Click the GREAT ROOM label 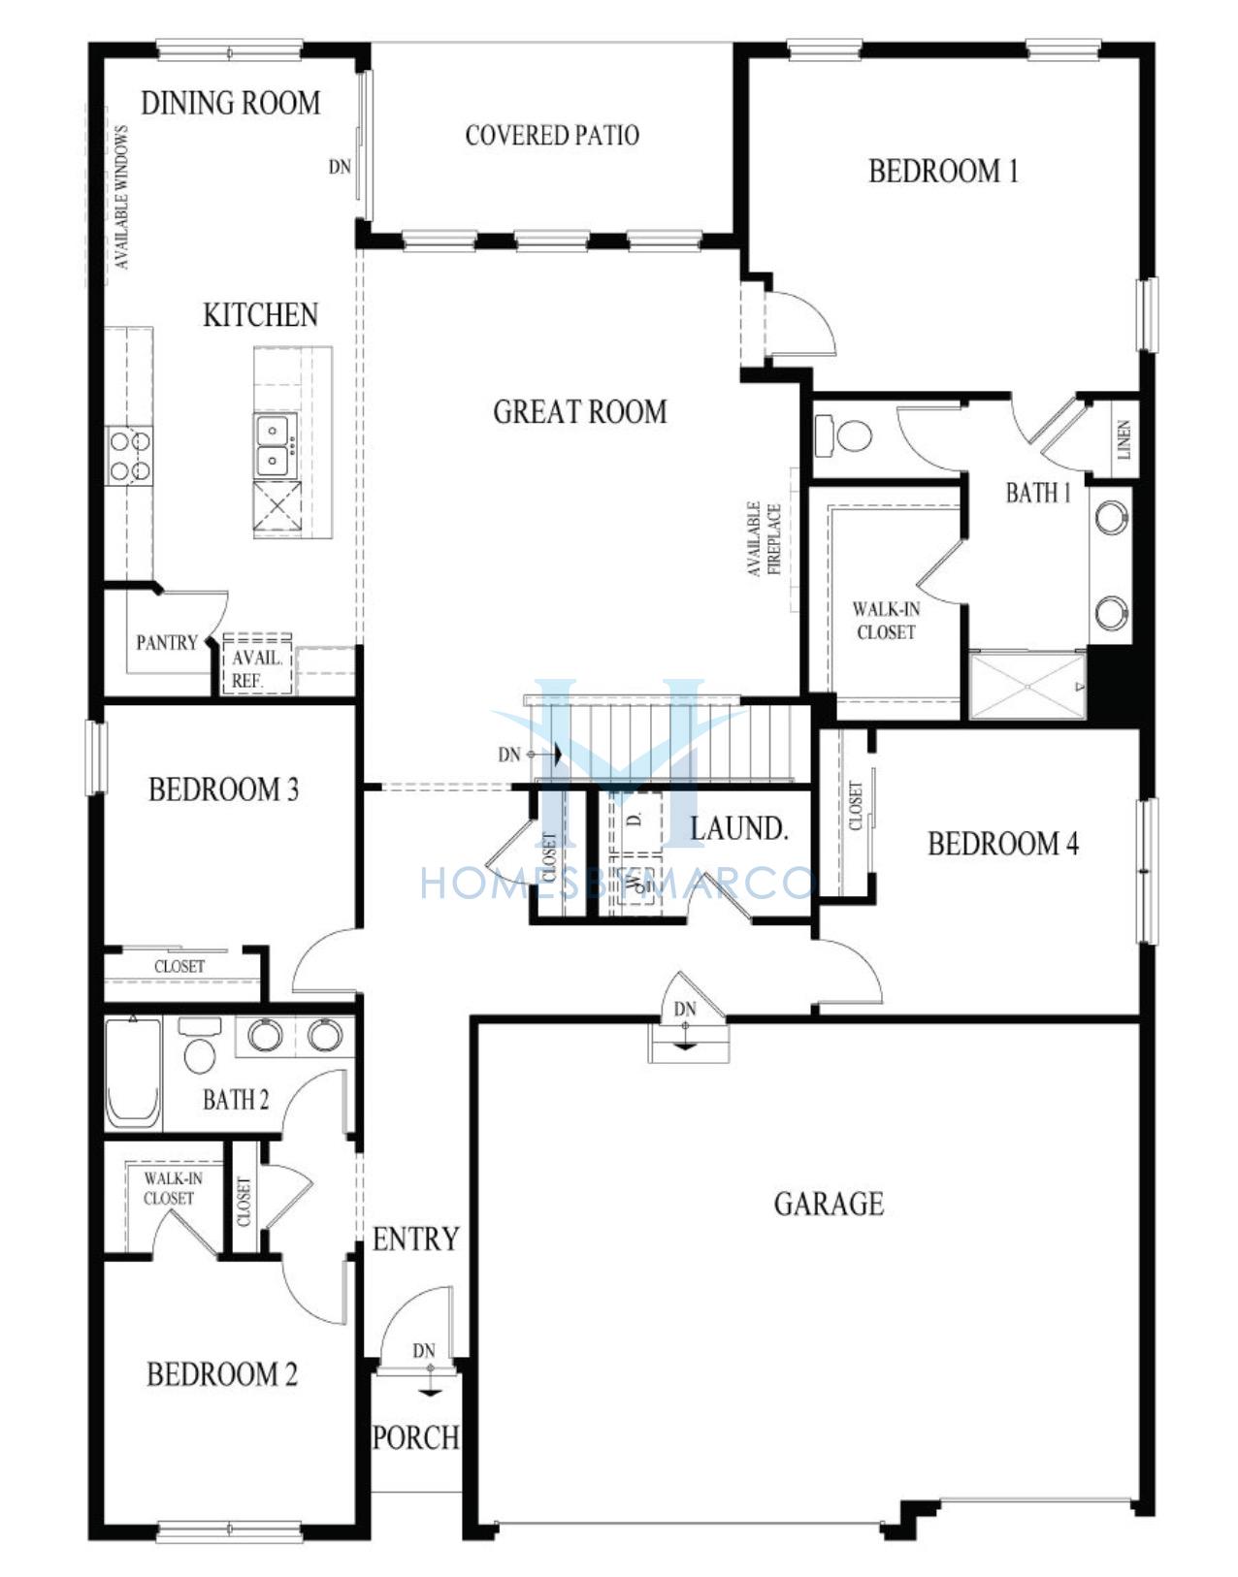[580, 412]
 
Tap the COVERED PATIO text [552, 136]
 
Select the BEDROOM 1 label [943, 172]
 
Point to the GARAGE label [829, 1204]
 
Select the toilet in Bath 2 [199, 1046]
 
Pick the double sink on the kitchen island [275, 445]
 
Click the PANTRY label [167, 643]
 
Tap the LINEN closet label [1124, 439]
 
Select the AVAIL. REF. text [257, 669]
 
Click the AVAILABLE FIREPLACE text [764, 539]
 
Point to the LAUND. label [738, 829]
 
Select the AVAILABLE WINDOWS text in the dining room [121, 198]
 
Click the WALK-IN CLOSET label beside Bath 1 [886, 622]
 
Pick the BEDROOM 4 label [1003, 844]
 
